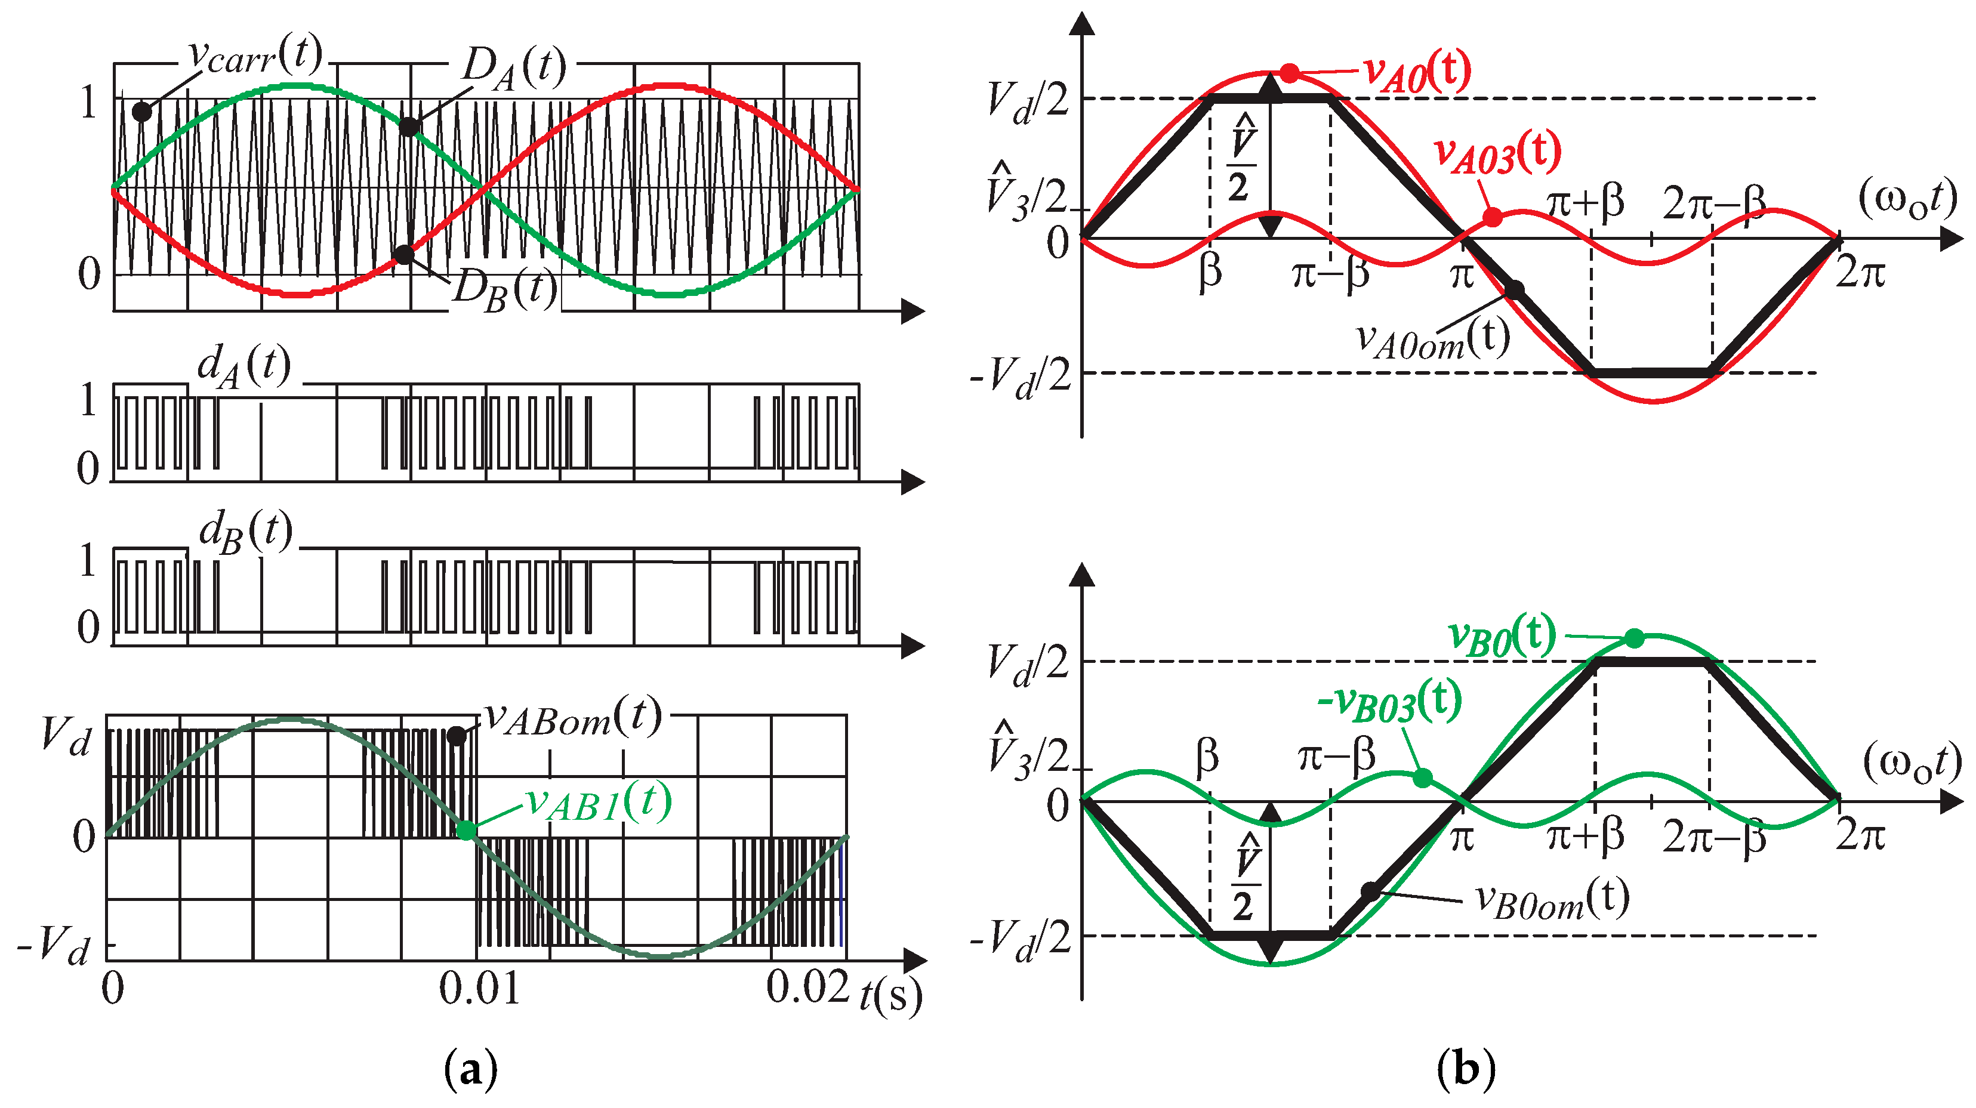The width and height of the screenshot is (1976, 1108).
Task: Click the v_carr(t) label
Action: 255,55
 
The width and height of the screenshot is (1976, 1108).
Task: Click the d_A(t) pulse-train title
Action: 244,366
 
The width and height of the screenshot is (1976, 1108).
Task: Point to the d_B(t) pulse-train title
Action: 245,532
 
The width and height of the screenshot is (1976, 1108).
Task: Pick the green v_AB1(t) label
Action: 599,804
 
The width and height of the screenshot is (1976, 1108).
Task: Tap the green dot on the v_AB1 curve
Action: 466,830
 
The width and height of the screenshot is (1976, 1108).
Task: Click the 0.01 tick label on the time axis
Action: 479,989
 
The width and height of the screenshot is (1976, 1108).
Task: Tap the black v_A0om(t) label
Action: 1433,340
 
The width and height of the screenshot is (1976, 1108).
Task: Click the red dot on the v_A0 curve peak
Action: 1290,73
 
